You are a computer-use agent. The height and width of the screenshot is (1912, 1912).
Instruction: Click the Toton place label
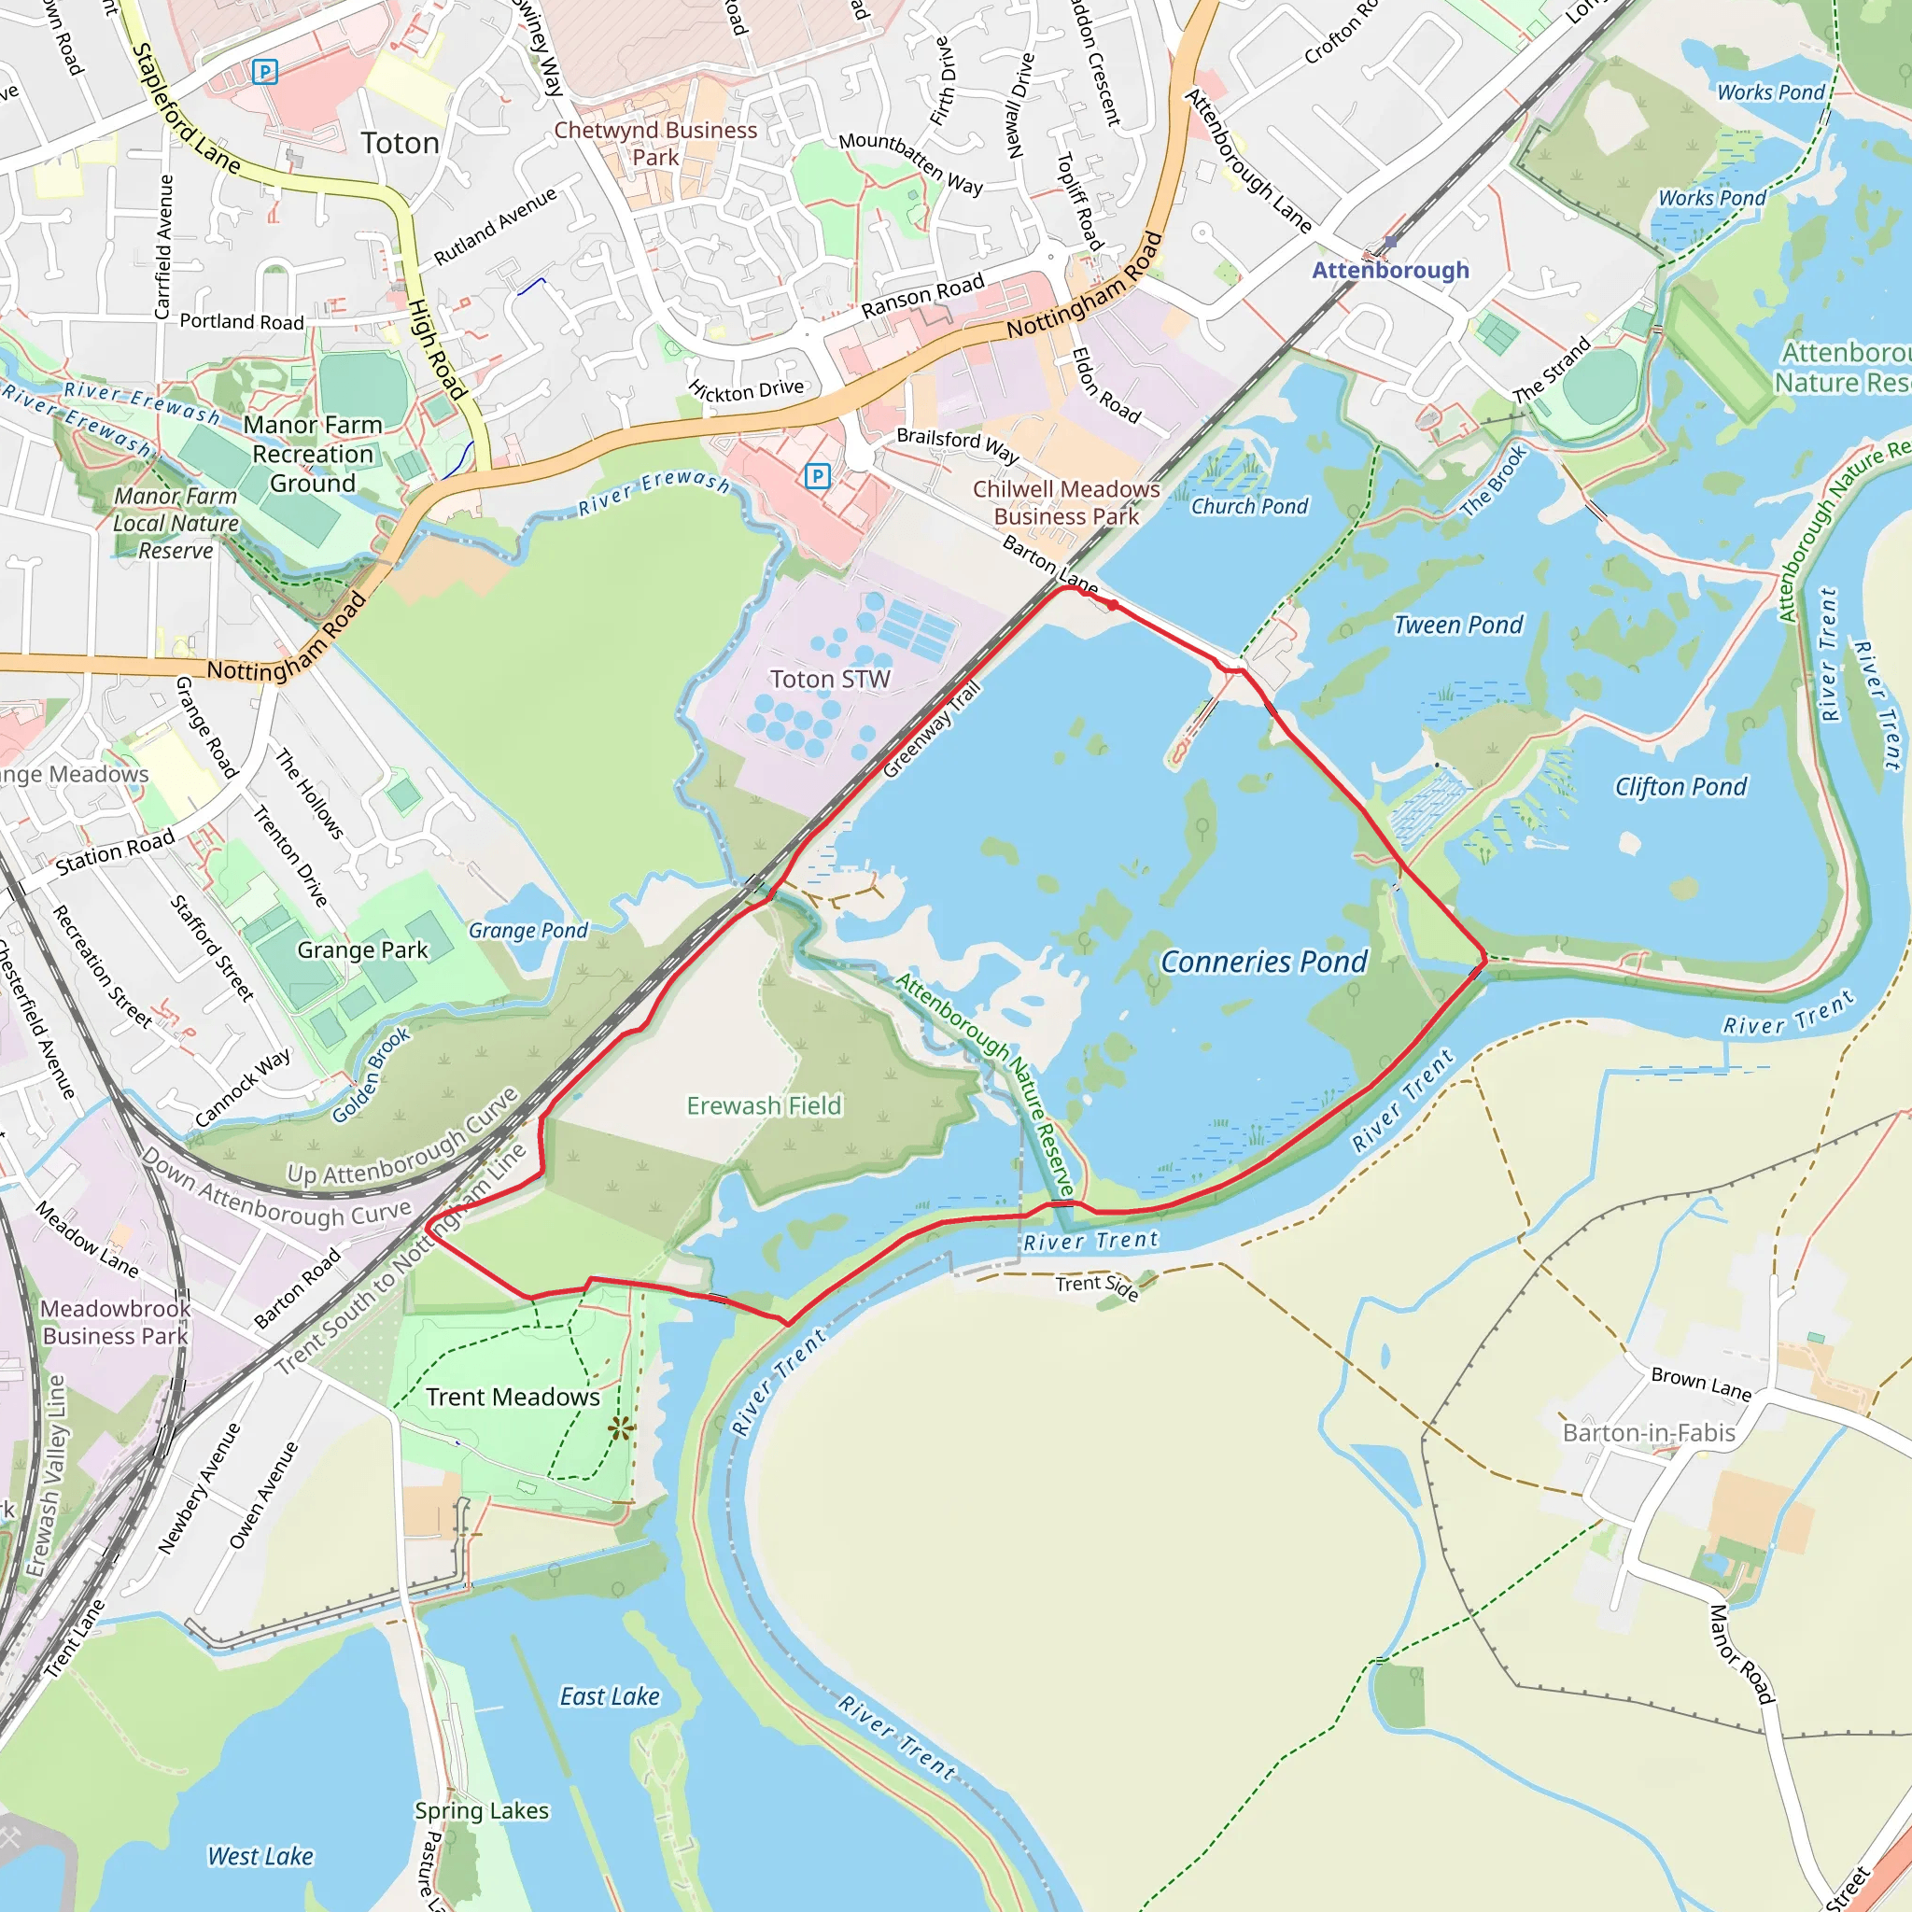(400, 144)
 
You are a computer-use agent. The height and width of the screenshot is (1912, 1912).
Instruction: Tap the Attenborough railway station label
(1390, 270)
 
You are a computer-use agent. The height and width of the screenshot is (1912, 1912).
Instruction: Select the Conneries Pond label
(1264, 962)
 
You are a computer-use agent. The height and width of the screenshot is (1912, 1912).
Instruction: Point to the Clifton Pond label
(1680, 787)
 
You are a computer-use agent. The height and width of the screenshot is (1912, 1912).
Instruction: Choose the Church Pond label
(1249, 507)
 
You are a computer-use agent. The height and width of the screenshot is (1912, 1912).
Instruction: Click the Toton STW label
(830, 680)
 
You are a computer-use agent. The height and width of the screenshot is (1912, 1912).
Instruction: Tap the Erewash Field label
(764, 1105)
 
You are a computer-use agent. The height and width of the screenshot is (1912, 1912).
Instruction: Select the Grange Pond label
(527, 930)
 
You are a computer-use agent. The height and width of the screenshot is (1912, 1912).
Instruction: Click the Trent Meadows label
(513, 1398)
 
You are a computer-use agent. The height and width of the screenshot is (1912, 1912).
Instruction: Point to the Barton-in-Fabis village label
(1649, 1433)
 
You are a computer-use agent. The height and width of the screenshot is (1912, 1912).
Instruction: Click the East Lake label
(610, 1697)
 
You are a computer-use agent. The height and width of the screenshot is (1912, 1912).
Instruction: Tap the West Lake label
(260, 1857)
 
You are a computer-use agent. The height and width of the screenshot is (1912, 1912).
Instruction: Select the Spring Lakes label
(482, 1811)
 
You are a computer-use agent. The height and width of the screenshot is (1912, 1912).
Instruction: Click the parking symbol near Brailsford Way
(818, 476)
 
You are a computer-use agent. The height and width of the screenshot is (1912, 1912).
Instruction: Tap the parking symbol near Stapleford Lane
(265, 71)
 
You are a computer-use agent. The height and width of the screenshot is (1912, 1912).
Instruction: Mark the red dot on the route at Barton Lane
(1114, 605)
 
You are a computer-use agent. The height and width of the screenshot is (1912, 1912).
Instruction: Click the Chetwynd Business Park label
(655, 144)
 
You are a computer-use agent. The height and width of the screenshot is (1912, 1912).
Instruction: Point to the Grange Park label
(362, 950)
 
